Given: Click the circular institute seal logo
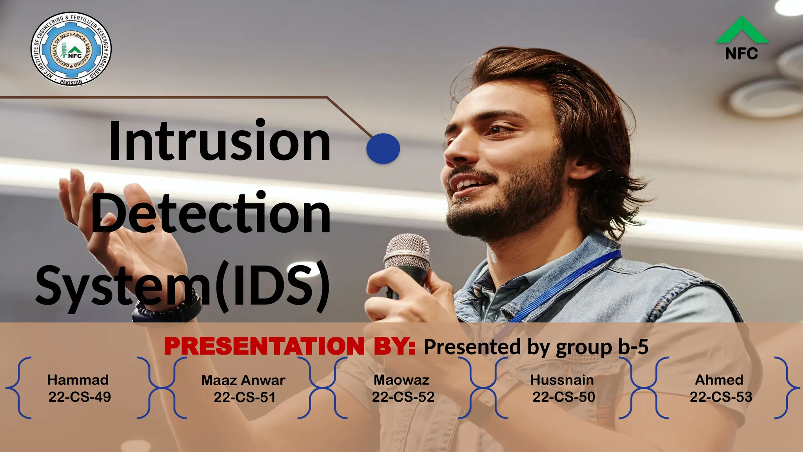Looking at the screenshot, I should pos(71,49).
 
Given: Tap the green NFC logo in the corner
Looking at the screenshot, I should pos(741,38).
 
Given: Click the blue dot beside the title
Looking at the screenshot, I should pos(383,149).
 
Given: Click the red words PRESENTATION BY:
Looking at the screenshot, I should pos(290,346).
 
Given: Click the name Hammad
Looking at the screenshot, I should pos(78,380).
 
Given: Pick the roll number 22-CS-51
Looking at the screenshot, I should pos(244,397).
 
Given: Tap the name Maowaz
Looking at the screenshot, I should pos(401,380).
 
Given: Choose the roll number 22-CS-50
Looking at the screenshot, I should pos(563,397).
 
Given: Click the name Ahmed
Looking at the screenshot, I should pos(719,380).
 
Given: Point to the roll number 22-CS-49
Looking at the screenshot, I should pos(80,397).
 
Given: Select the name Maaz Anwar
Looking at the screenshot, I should pos(243,380).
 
